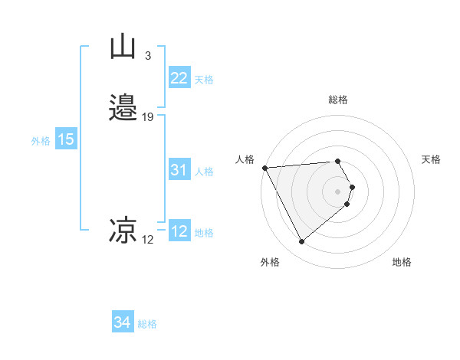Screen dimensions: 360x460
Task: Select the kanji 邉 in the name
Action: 123,108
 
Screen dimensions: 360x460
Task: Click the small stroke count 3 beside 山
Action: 147,56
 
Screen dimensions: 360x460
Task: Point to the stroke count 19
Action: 148,117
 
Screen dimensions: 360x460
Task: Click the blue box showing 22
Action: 179,78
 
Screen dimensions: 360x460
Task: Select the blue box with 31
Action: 179,170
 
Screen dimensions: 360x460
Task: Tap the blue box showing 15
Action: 66,139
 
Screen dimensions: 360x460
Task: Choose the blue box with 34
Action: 122,322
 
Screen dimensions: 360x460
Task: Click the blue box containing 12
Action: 179,231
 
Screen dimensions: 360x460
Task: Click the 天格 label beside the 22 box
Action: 204,80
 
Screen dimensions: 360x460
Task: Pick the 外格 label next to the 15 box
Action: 41,141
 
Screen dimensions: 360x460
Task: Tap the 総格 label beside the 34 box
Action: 147,324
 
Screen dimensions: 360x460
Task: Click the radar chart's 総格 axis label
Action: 338,100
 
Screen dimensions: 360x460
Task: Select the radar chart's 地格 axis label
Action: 402,262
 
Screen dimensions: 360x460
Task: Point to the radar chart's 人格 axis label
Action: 245,159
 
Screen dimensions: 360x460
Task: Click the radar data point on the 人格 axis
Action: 264,168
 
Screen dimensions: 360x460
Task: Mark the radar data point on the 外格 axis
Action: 302,242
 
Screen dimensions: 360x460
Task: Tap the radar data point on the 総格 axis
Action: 338,161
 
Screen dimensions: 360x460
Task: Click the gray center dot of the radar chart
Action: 338,191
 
